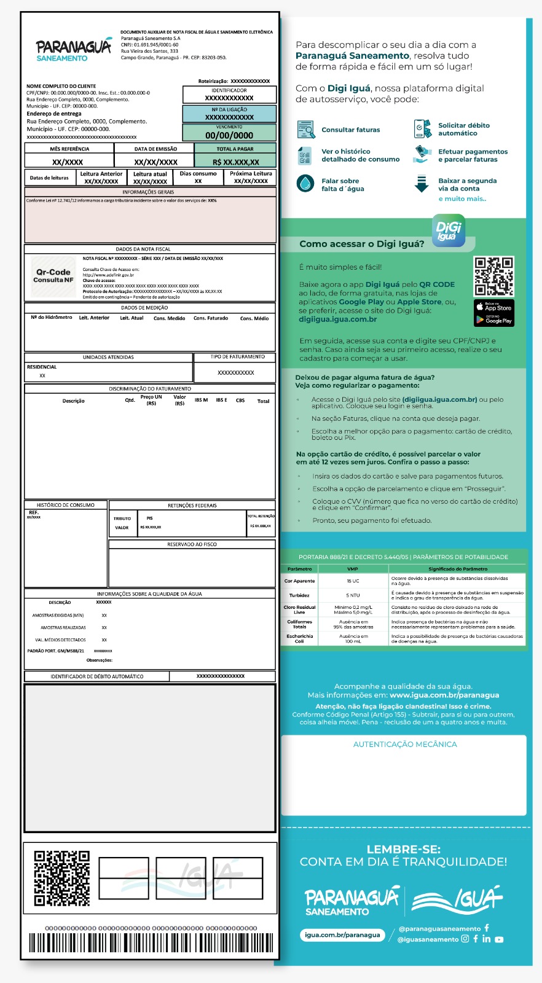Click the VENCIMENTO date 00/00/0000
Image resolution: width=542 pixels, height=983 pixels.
(229, 135)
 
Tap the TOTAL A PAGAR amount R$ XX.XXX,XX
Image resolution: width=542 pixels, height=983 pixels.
(236, 162)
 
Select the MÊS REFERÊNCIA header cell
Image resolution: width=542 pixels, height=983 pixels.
(69, 149)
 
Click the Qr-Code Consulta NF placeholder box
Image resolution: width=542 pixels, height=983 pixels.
(53, 276)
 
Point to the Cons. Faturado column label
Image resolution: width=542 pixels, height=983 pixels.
(211, 318)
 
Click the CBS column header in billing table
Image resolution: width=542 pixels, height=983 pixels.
(240, 401)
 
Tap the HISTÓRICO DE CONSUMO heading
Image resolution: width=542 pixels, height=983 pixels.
(66, 505)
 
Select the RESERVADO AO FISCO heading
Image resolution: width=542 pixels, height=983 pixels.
(192, 544)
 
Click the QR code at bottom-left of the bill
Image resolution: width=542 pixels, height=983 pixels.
(62, 879)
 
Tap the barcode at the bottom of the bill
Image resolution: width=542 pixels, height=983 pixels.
(151, 943)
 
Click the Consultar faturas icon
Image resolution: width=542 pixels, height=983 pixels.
(305, 130)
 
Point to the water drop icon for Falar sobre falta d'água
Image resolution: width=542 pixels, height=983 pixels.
(305, 184)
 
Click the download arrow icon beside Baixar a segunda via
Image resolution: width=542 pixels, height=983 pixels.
(422, 184)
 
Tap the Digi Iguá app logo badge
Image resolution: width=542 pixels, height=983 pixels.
(449, 231)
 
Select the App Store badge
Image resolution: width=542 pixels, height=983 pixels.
(494, 306)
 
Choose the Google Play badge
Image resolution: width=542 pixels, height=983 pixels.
(494, 319)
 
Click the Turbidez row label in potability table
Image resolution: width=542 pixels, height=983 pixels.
(299, 595)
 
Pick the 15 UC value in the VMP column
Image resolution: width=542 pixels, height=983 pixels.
(353, 581)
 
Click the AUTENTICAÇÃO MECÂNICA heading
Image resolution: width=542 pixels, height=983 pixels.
(405, 744)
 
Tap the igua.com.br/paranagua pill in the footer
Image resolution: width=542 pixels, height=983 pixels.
(343, 935)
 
